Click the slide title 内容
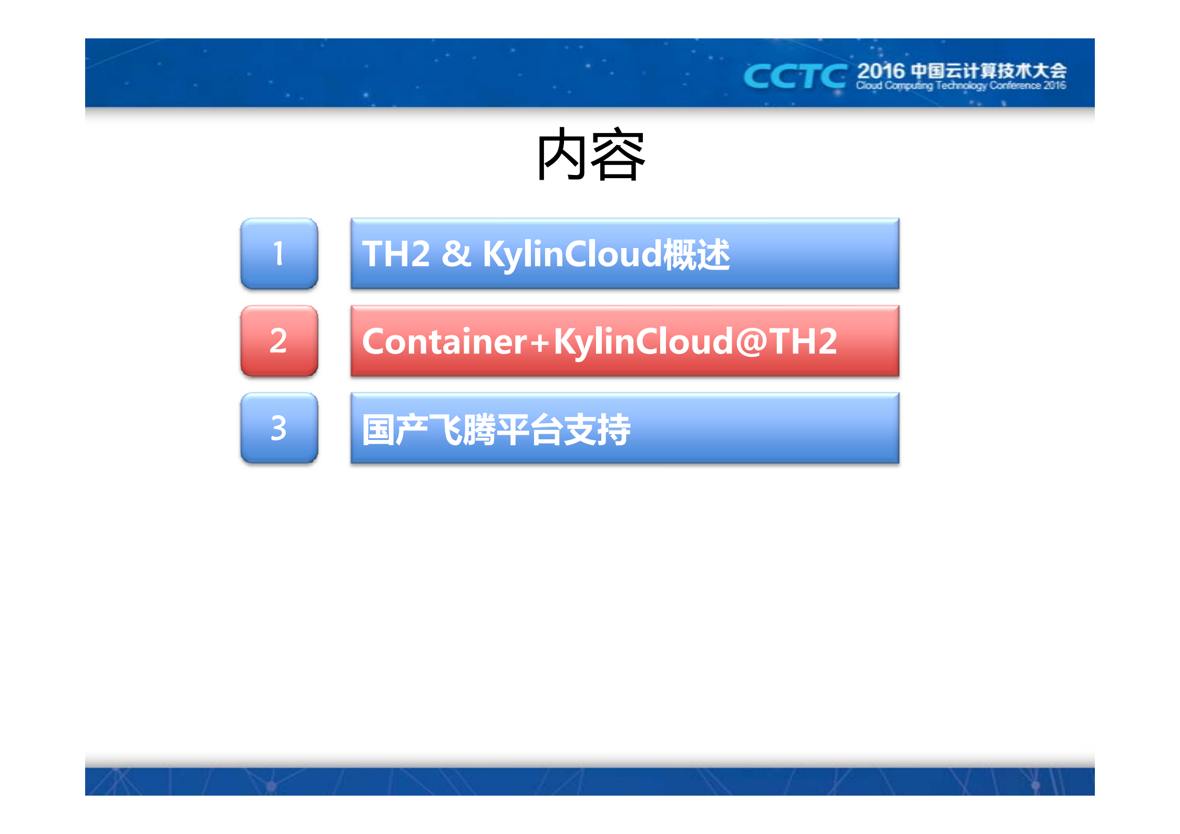(x=590, y=155)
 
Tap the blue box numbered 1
(x=279, y=253)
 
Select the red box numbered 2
(x=279, y=341)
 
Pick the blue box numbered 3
(x=279, y=428)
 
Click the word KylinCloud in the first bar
(x=572, y=254)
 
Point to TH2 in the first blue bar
(x=396, y=254)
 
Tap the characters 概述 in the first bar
(x=696, y=254)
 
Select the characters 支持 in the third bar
(x=597, y=430)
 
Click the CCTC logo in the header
(x=795, y=76)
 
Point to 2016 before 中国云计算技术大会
(x=881, y=71)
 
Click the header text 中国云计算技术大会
(x=988, y=71)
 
